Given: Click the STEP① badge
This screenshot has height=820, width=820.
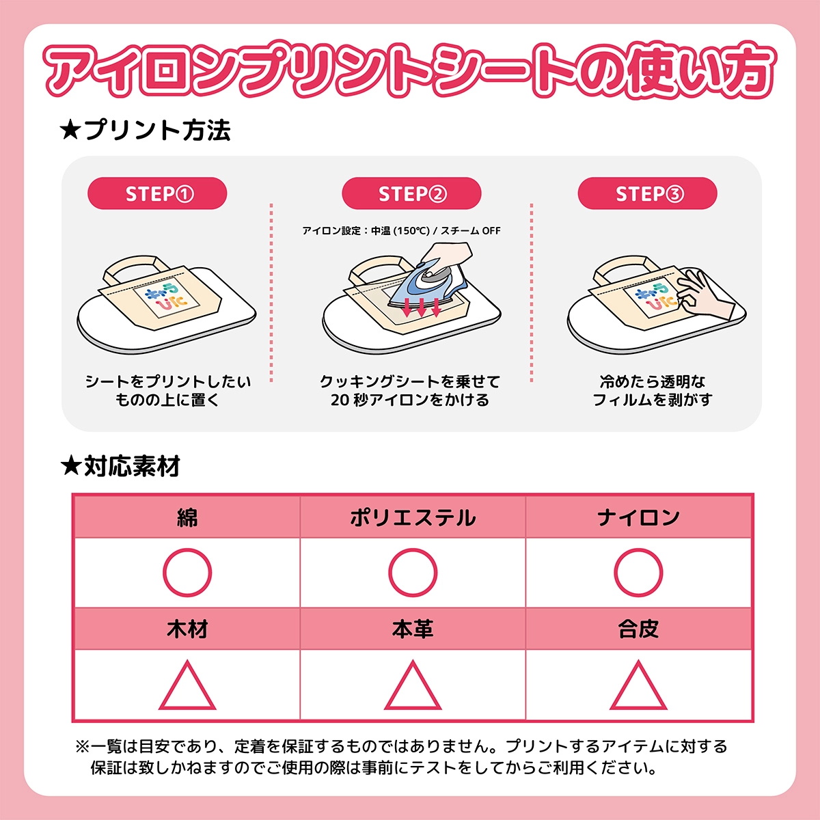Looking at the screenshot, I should (x=157, y=194).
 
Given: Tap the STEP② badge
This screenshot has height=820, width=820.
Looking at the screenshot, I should (x=411, y=194).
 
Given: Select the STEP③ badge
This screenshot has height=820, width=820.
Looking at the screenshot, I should (x=648, y=194).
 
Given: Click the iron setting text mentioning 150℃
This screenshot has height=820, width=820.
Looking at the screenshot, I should (x=401, y=231).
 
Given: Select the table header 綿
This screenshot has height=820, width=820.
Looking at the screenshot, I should (x=187, y=517).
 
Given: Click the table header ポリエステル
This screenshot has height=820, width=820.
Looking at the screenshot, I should (x=413, y=517).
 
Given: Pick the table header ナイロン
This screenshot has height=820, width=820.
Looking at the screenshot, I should (x=638, y=517).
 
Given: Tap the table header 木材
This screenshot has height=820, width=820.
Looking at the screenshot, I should (x=187, y=629).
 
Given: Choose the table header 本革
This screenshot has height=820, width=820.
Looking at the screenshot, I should (x=413, y=629).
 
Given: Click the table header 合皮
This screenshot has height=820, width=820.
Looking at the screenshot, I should (x=638, y=629).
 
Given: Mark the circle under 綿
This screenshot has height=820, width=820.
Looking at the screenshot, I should (x=187, y=573).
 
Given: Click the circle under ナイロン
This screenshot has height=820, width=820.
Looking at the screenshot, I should (x=638, y=573).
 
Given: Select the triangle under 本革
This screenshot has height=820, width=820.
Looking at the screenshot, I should (x=413, y=686).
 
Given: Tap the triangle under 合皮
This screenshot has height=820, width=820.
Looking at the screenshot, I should (x=638, y=686).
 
